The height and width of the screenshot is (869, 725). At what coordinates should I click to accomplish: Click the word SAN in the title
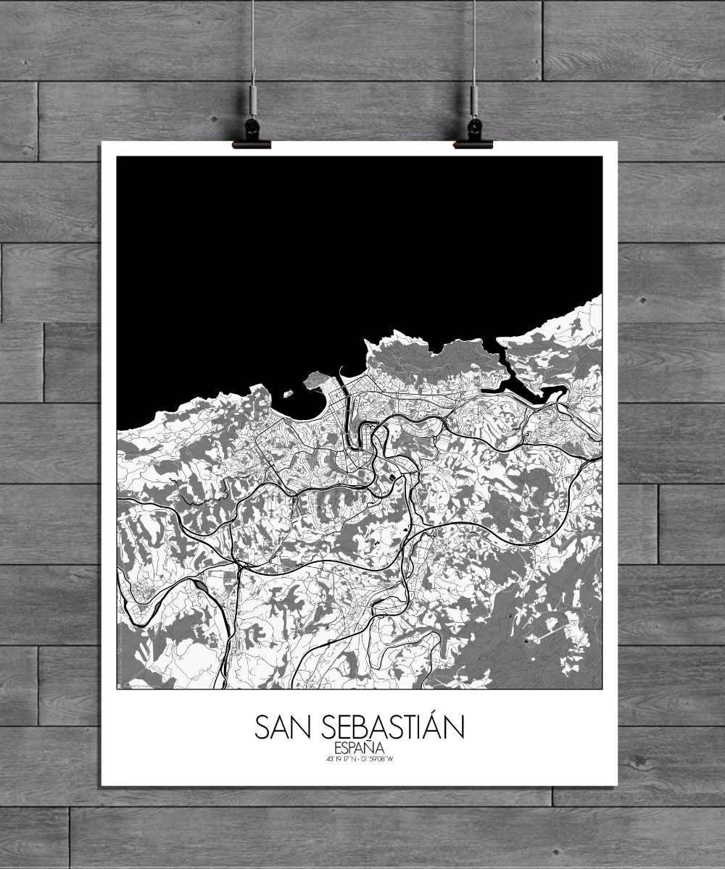(x=282, y=728)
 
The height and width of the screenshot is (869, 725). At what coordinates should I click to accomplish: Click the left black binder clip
(x=252, y=134)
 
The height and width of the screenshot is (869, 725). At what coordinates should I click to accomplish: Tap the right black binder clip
(x=473, y=134)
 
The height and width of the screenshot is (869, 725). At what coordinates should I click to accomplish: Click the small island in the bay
(x=286, y=394)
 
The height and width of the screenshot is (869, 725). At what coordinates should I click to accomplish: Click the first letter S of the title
(x=262, y=728)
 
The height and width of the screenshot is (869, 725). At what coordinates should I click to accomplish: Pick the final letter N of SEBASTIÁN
(x=455, y=728)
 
